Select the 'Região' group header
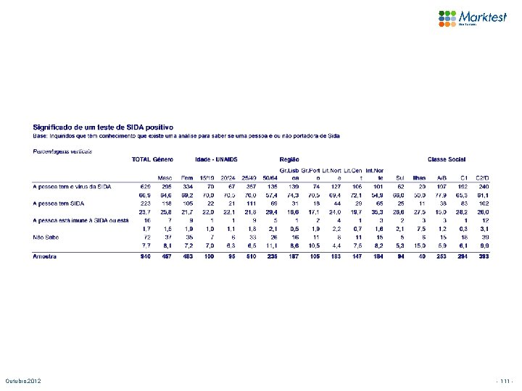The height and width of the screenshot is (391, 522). pos(289,159)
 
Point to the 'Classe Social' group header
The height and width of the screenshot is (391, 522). pos(447,159)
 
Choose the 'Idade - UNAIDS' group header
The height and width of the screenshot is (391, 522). pos(217,159)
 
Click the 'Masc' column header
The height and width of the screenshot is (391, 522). pos(165,177)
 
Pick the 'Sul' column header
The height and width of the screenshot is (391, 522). pos(399,177)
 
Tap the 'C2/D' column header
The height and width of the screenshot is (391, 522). pos(482,177)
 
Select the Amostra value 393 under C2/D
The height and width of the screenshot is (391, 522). pos(482,256)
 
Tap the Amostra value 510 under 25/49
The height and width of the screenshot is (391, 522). pos(250,256)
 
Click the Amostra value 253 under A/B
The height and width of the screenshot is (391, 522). pos(441,256)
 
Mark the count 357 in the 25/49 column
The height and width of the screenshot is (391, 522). pos(250,186)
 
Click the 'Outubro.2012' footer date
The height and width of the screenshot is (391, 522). pos(25,381)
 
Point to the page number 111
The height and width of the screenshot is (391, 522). pos(504,381)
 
